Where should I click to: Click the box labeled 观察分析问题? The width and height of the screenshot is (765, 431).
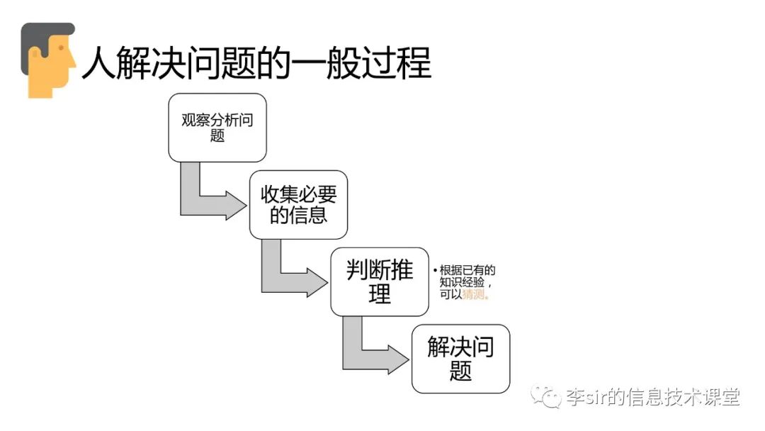[x=217, y=128]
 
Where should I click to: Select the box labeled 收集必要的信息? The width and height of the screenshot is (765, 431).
[x=298, y=204]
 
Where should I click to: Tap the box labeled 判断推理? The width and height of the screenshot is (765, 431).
[x=380, y=281]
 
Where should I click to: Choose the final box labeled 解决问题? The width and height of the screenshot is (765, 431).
[x=460, y=359]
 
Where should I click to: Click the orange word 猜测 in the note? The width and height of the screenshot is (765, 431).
[x=475, y=295]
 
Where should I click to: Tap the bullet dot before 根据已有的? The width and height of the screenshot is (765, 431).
[x=435, y=271]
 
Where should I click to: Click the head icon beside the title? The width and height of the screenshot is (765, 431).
[x=48, y=60]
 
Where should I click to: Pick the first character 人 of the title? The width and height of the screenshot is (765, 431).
[x=98, y=64]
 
